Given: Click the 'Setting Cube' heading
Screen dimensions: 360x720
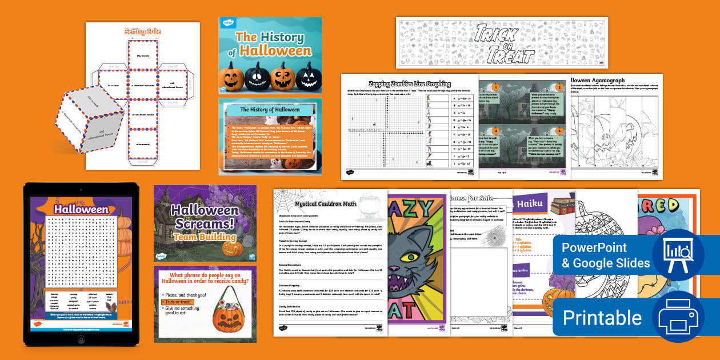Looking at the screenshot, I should pos(143,32).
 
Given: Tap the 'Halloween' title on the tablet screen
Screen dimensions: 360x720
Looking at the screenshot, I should pos(81,209).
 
